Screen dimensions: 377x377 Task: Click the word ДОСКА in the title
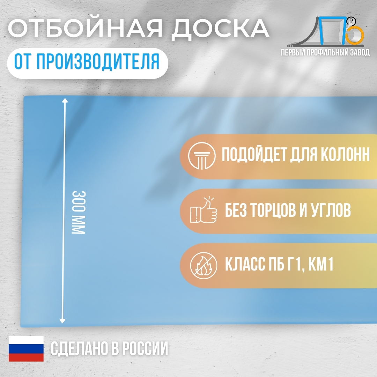(221, 29)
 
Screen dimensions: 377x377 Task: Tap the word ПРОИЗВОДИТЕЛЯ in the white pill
(98, 61)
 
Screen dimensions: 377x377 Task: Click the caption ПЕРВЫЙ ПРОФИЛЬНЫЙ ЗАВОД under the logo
(325, 52)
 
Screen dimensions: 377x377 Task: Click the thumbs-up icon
(204, 210)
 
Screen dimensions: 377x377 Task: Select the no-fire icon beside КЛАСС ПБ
(204, 265)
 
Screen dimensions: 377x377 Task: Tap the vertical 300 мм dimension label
(79, 212)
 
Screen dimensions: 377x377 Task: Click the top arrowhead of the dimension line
(65, 100)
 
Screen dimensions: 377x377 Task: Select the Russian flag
(26, 349)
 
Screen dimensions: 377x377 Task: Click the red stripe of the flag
(26, 357)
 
